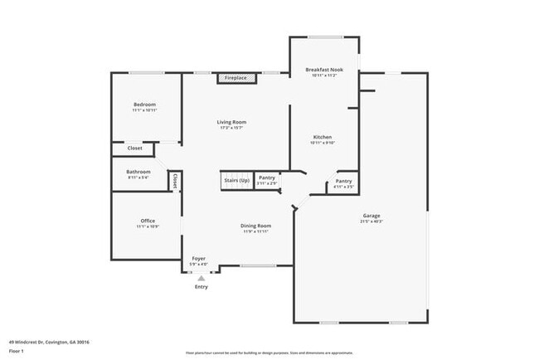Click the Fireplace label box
click(x=236, y=78)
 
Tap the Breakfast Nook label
click(x=324, y=70)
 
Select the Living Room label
click(x=232, y=122)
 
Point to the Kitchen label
click(x=323, y=137)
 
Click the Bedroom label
click(x=145, y=104)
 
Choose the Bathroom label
click(x=138, y=172)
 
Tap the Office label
click(x=148, y=221)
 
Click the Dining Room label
click(x=256, y=226)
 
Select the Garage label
click(x=371, y=216)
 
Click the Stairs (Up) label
click(x=236, y=178)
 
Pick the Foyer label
click(x=199, y=258)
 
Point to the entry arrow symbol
click(x=201, y=279)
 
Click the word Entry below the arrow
click(x=201, y=287)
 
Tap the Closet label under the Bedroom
click(x=134, y=148)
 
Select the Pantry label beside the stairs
click(x=266, y=177)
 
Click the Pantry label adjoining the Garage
click(x=343, y=182)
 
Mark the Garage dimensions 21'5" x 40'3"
click(x=371, y=221)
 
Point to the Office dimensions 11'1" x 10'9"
click(x=148, y=226)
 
